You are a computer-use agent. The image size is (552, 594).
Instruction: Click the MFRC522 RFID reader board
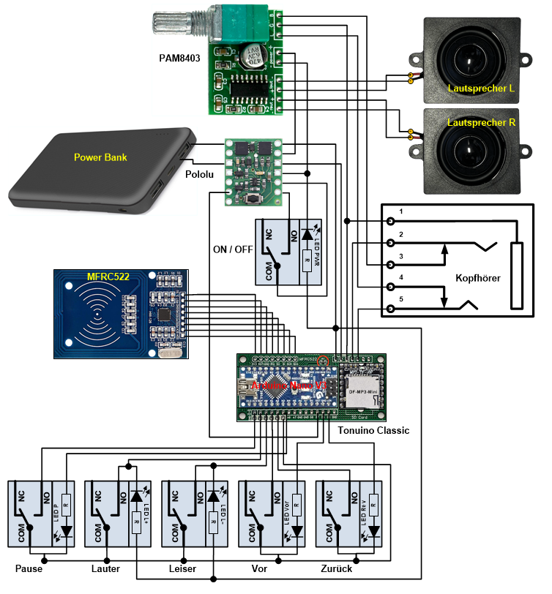[124, 314]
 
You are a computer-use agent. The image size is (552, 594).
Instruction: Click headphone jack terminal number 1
[392, 221]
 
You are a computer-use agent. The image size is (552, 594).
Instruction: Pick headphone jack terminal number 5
[392, 308]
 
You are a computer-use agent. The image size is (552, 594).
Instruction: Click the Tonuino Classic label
[373, 430]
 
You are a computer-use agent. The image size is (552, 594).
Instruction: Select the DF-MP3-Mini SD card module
[359, 391]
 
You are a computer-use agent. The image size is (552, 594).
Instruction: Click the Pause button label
[29, 568]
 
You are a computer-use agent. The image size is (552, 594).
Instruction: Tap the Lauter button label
[105, 568]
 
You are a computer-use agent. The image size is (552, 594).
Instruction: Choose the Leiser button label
[183, 568]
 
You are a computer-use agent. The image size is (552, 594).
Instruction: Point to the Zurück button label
[337, 568]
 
